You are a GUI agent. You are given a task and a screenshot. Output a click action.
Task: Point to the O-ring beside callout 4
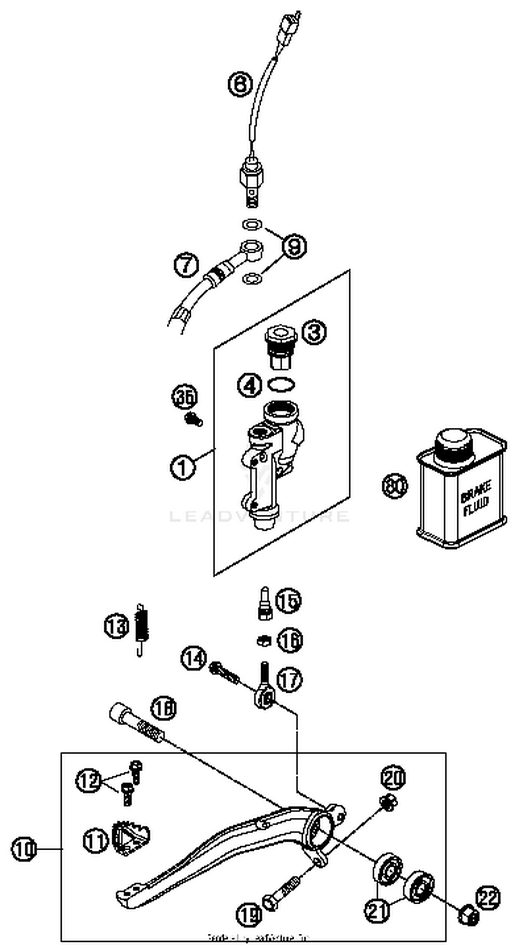pyautogui.click(x=281, y=384)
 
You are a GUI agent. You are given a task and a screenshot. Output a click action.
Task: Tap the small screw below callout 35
pyautogui.click(x=194, y=419)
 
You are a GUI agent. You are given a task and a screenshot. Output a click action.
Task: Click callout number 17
pyautogui.click(x=289, y=680)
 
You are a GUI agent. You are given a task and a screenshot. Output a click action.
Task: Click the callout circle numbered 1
pyautogui.click(x=183, y=467)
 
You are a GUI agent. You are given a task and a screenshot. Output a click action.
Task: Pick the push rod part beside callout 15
pyautogui.click(x=265, y=603)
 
